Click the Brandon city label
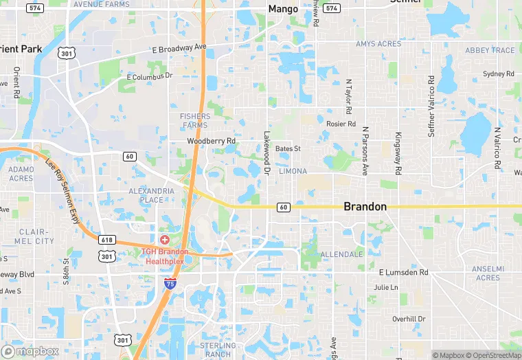click(x=365, y=206)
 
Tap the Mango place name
click(x=283, y=9)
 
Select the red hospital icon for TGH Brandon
click(x=165, y=238)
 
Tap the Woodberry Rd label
click(x=212, y=141)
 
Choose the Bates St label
click(x=288, y=148)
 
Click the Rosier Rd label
click(x=341, y=124)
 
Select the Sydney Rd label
click(x=498, y=74)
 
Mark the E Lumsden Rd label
click(x=402, y=272)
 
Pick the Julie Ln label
click(x=385, y=287)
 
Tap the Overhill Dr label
click(x=409, y=319)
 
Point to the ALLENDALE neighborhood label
click(x=341, y=254)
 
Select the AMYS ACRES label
click(x=378, y=44)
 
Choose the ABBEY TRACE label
click(x=490, y=50)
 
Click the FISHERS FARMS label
click(x=195, y=121)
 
